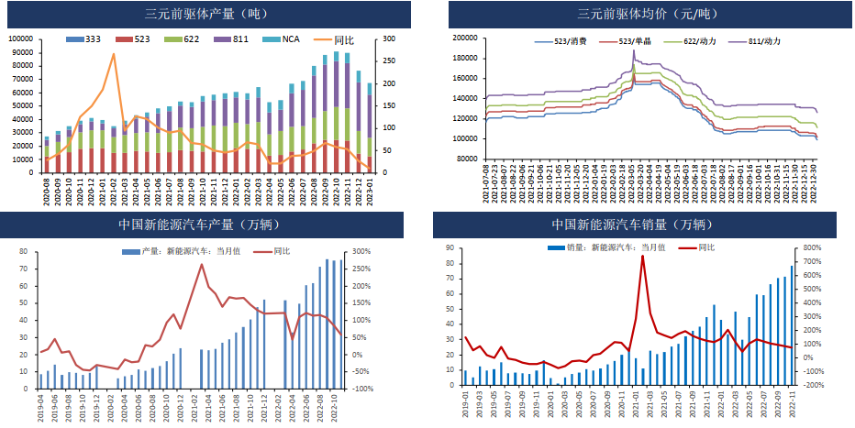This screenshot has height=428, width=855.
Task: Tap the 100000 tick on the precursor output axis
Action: click(x=22, y=39)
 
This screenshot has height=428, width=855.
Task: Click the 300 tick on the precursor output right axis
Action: click(x=389, y=39)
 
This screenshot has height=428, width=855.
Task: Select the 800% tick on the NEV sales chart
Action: click(x=815, y=247)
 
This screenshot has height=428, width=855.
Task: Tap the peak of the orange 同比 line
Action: click(x=114, y=54)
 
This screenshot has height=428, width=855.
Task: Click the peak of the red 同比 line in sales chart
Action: click(x=642, y=256)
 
